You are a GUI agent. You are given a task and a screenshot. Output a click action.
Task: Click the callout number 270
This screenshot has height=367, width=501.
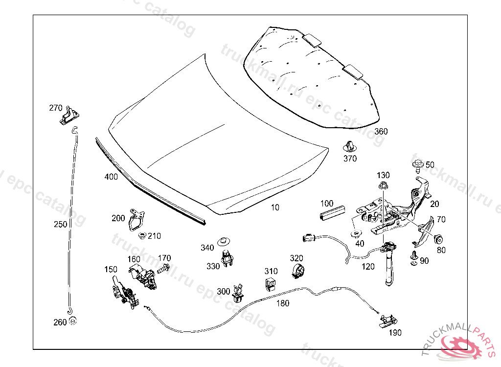click(55, 108)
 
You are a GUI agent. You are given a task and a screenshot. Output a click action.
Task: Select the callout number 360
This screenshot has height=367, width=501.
click(381, 132)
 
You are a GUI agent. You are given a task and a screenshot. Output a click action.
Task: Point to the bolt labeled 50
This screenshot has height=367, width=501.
click(418, 165)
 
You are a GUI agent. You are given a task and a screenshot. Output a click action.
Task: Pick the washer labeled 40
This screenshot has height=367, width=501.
click(355, 232)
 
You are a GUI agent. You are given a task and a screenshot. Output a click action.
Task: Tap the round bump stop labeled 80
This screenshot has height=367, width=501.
click(439, 239)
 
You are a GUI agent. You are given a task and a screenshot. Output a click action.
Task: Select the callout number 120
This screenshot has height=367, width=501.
click(368, 267)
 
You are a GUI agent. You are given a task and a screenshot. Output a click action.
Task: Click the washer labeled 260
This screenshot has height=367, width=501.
click(72, 321)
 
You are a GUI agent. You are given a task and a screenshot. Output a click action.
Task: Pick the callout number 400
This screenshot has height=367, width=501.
click(111, 177)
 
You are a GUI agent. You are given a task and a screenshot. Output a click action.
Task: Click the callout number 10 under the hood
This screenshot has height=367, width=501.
click(275, 207)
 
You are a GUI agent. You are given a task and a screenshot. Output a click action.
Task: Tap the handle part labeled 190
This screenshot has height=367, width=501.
click(387, 321)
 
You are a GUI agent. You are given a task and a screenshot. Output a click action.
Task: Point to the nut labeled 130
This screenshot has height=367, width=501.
click(382, 186)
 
